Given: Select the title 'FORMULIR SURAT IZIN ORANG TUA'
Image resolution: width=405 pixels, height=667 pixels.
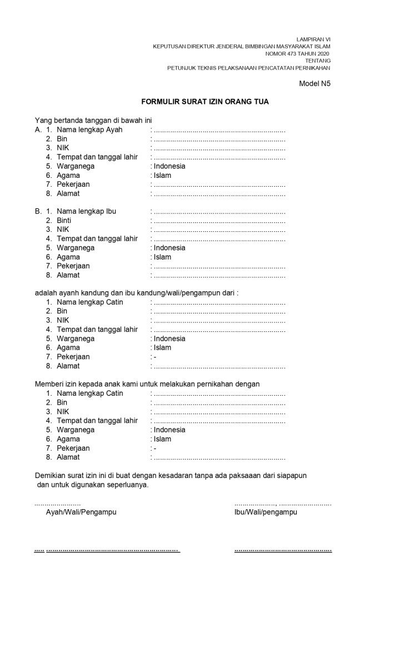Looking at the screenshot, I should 206,102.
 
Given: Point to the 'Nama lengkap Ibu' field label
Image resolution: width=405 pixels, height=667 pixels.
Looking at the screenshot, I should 86,212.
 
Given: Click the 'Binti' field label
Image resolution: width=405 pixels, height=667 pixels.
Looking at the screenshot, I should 64,221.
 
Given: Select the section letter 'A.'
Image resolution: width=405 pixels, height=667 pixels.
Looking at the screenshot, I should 38,130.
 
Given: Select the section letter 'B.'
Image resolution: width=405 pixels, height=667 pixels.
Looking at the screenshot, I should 38,212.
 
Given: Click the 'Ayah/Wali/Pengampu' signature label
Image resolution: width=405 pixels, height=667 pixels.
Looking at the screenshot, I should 81,512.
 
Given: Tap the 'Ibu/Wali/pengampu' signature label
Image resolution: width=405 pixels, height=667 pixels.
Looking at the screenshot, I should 266,512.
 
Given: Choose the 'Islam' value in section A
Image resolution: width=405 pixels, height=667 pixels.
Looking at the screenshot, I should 163,176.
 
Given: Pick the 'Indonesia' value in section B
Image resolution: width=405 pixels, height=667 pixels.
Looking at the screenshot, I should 169,248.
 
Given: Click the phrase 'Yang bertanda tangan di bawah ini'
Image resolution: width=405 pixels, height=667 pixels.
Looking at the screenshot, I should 93,120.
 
